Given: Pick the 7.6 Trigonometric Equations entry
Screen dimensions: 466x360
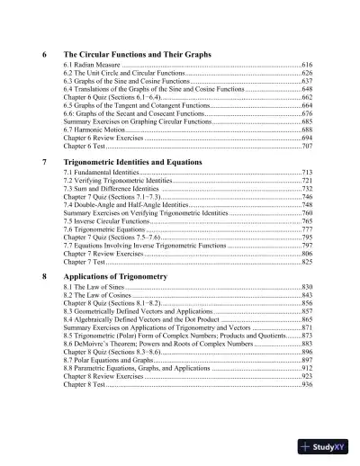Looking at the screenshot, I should pos(107,229).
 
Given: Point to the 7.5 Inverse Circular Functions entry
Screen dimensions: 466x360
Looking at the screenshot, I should pos(110,220).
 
